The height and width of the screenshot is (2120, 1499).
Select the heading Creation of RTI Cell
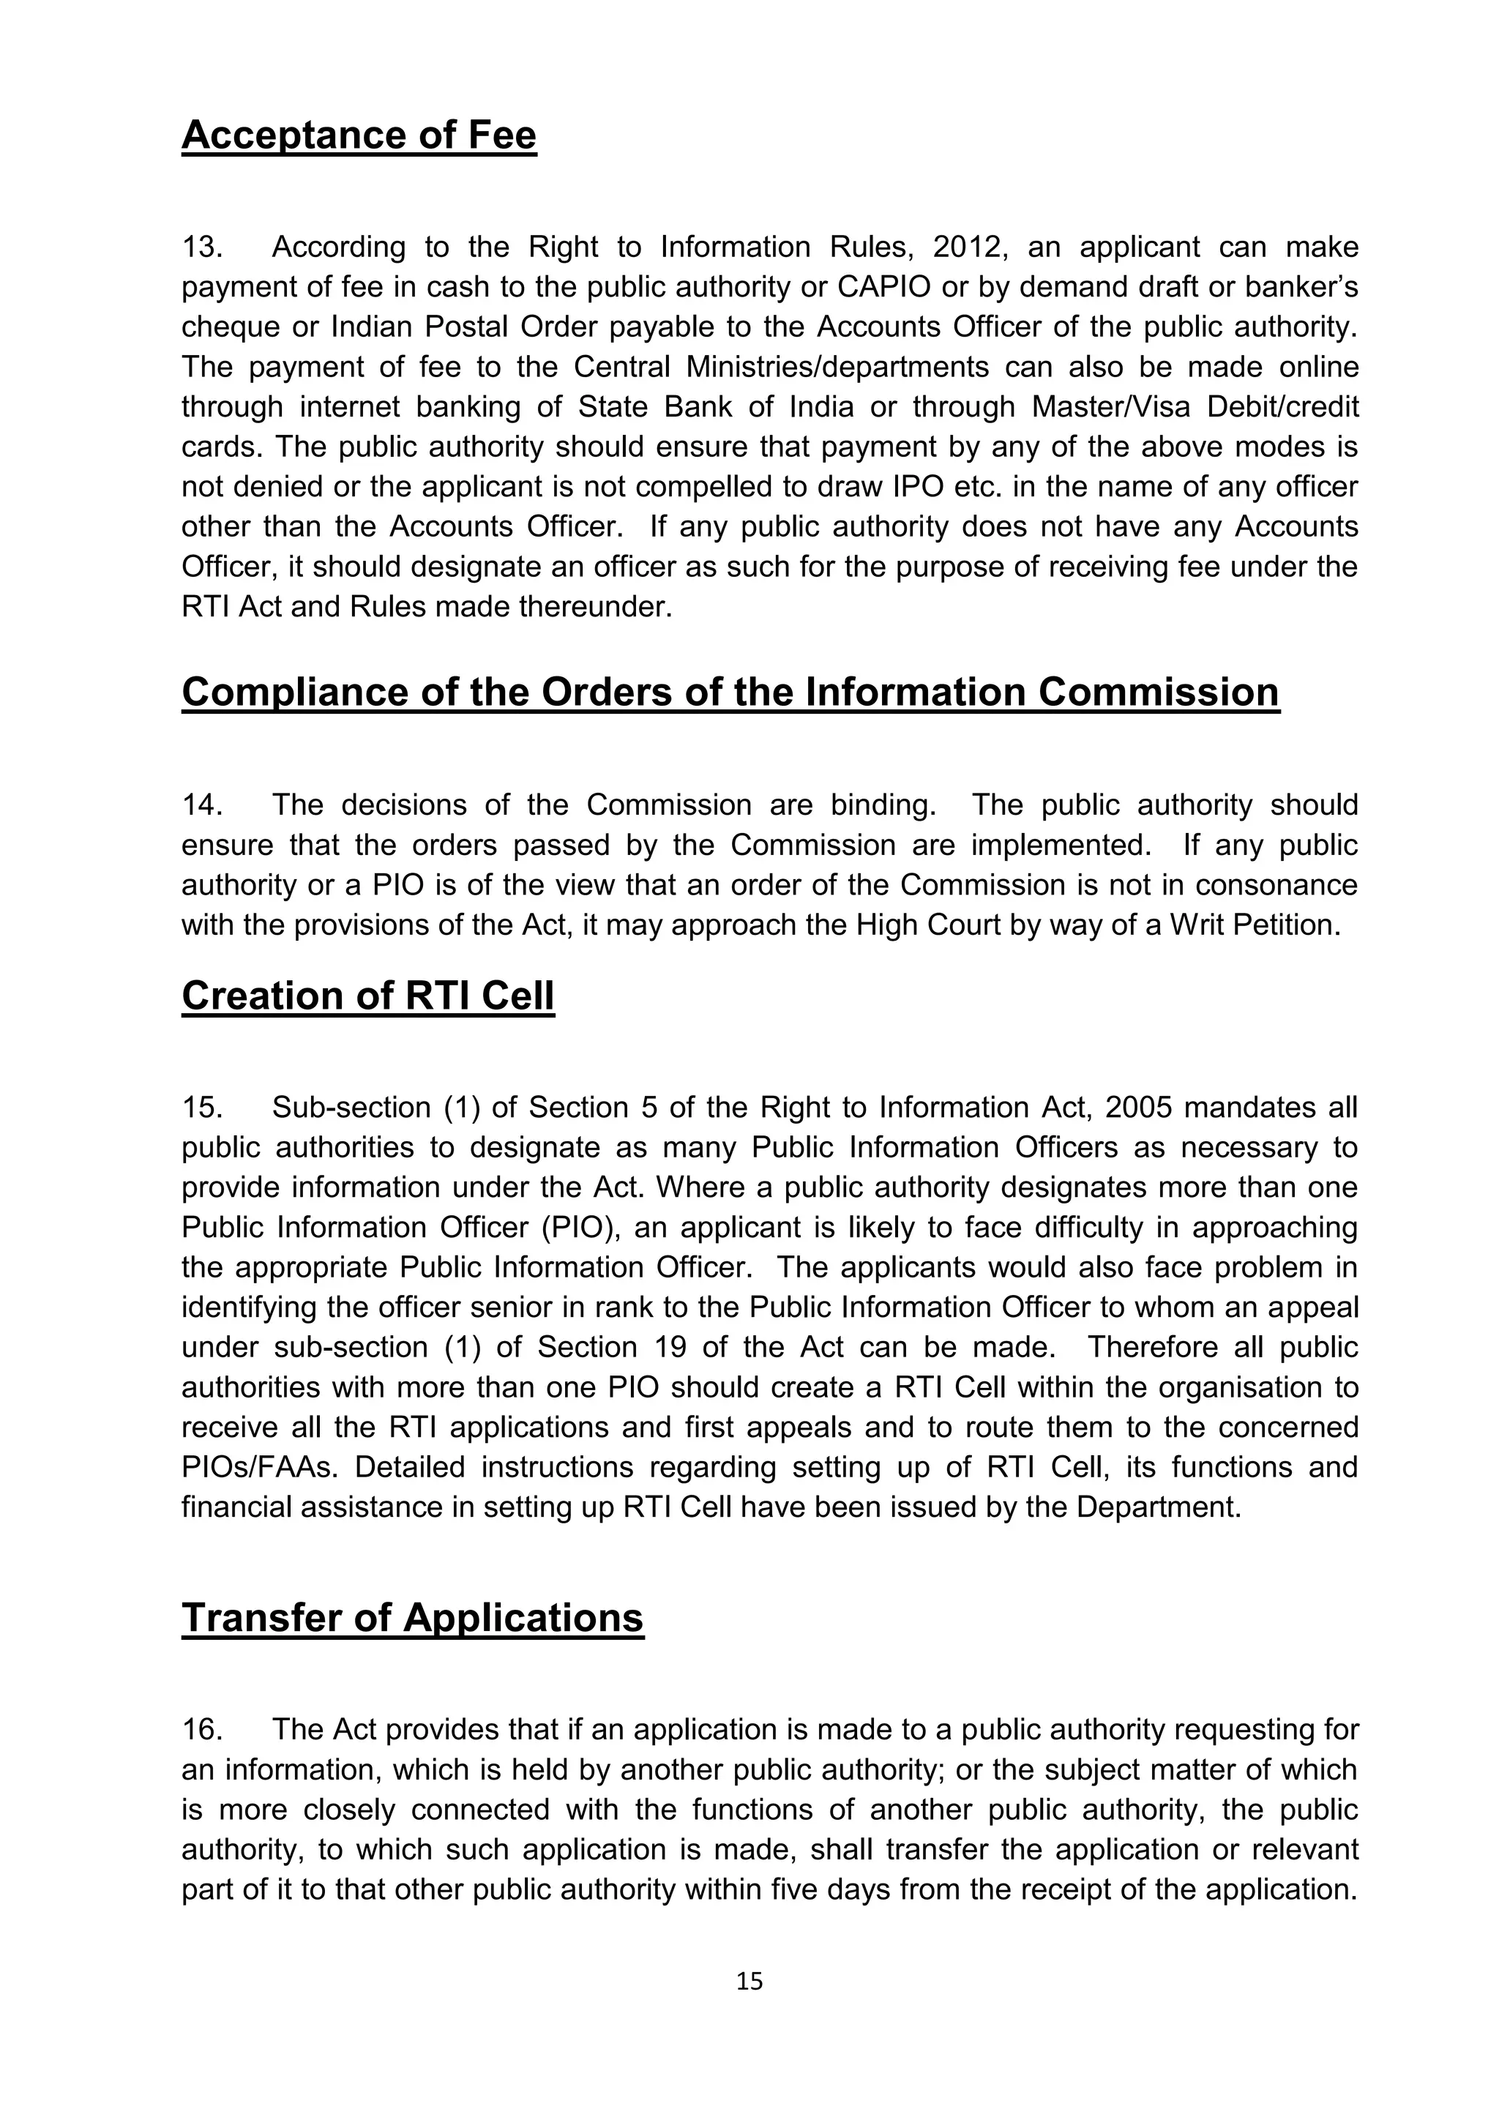point(367,996)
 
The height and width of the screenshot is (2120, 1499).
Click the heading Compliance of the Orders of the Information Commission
point(730,693)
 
